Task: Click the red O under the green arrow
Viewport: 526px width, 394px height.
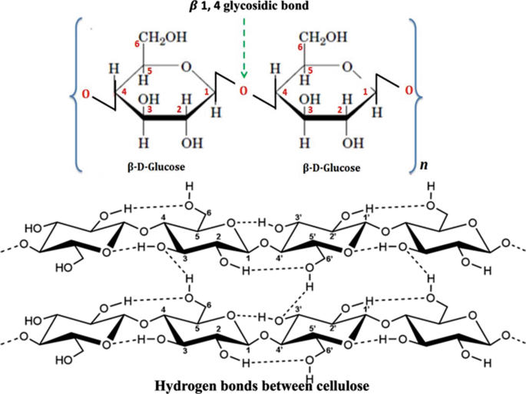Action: coord(243,93)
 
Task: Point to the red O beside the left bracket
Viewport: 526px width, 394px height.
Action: coord(86,94)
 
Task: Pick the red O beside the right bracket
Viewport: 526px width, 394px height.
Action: coord(408,92)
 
